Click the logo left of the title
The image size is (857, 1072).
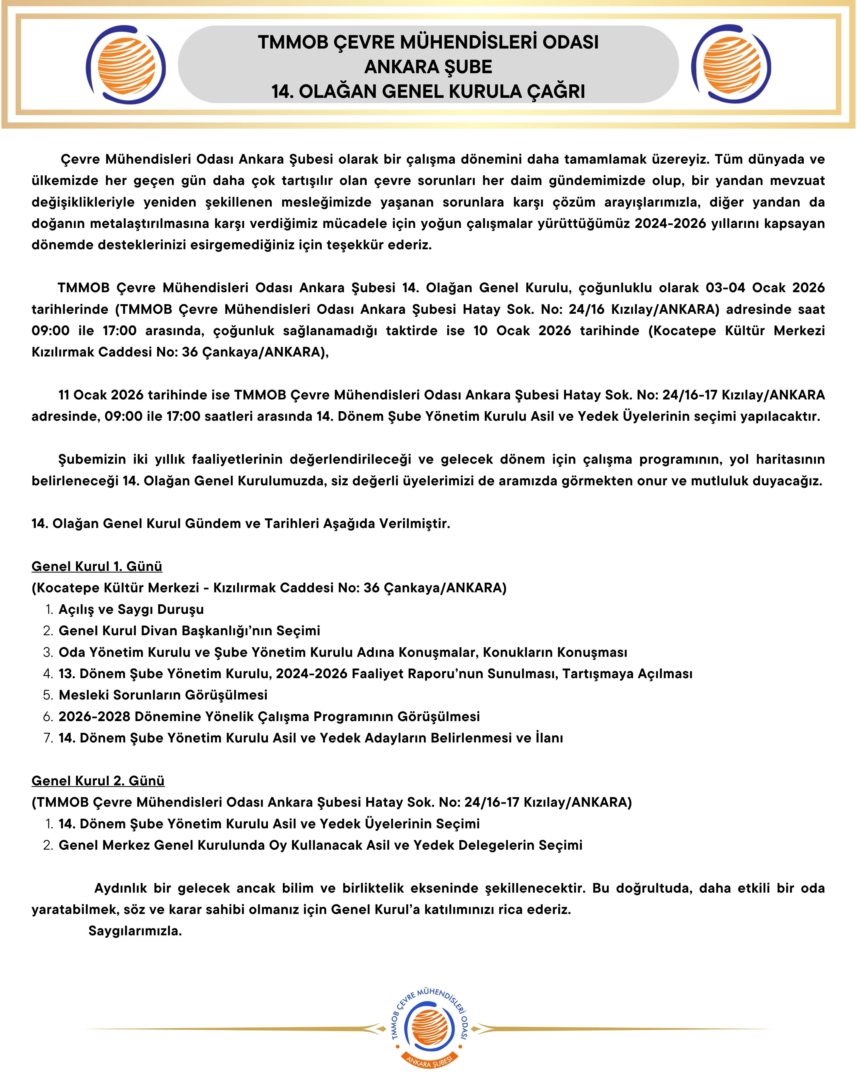point(126,65)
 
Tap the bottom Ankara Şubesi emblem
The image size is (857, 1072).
point(429,1028)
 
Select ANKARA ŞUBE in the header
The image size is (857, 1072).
point(428,67)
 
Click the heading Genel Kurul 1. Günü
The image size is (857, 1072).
point(97,566)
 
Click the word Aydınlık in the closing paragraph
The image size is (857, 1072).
point(121,888)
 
